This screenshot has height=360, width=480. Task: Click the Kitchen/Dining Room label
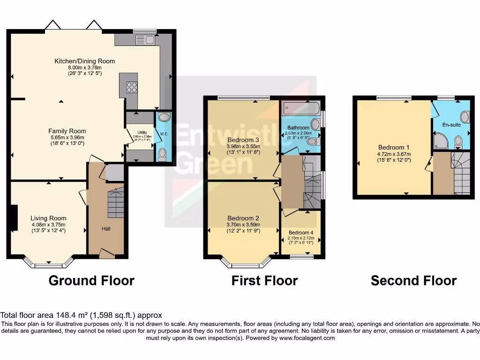click(x=84, y=61)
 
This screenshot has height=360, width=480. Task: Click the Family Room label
click(x=67, y=131)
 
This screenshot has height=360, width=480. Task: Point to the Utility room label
click(x=142, y=133)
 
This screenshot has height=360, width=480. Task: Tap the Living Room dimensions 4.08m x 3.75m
click(x=48, y=224)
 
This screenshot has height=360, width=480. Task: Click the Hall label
click(x=106, y=229)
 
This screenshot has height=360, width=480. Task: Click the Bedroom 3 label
click(x=243, y=140)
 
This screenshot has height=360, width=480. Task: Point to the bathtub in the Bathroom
click(x=300, y=109)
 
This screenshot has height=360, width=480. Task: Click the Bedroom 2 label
click(x=243, y=218)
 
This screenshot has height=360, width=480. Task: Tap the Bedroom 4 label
click(x=301, y=232)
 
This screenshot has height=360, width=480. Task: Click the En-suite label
click(x=451, y=125)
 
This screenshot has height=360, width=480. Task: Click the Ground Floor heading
click(x=91, y=280)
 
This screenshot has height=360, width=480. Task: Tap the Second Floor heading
click(x=413, y=280)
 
